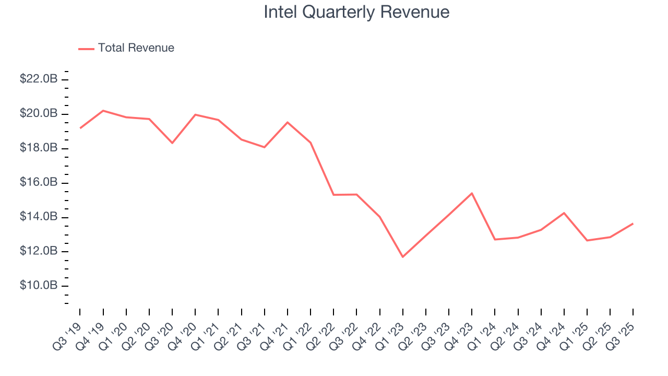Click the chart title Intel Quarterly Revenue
[x=356, y=12]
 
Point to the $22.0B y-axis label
[x=39, y=79]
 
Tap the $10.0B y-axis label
[x=39, y=286]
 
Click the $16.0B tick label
[x=39, y=183]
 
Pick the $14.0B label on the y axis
[x=39, y=217]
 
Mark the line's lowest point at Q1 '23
[x=403, y=256]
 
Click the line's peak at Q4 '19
[x=103, y=111]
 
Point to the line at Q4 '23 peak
[x=472, y=193]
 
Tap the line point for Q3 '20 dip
[x=172, y=143]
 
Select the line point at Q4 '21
[x=288, y=122]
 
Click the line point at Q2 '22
[x=333, y=195]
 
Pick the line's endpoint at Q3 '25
[x=633, y=224]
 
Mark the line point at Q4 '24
[x=564, y=213]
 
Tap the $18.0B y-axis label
[x=39, y=148]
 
